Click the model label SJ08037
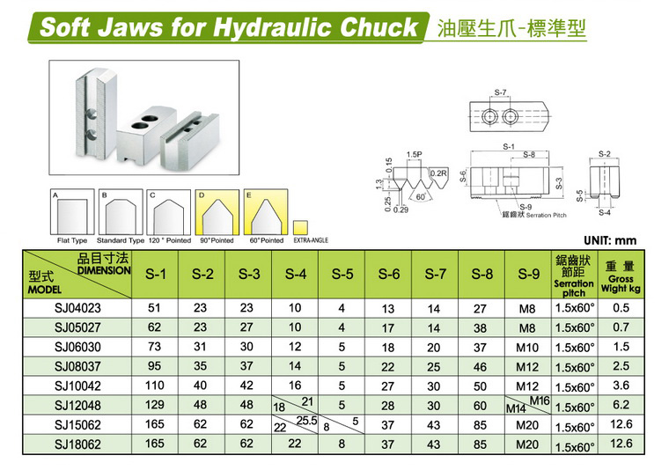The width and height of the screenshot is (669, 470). [x=77, y=366]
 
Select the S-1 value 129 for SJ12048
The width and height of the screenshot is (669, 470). [x=154, y=405]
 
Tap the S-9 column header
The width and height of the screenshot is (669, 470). [x=529, y=274]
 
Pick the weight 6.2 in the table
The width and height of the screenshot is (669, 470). [x=621, y=404]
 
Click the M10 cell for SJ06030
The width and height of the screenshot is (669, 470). [x=527, y=348]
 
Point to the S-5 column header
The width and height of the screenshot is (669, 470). [x=342, y=274]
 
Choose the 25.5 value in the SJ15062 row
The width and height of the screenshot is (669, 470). [x=306, y=421]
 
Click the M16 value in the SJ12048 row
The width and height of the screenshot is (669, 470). [x=540, y=400]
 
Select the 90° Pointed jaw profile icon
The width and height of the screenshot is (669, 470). [x=217, y=212]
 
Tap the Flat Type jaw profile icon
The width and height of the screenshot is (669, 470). [x=72, y=212]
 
